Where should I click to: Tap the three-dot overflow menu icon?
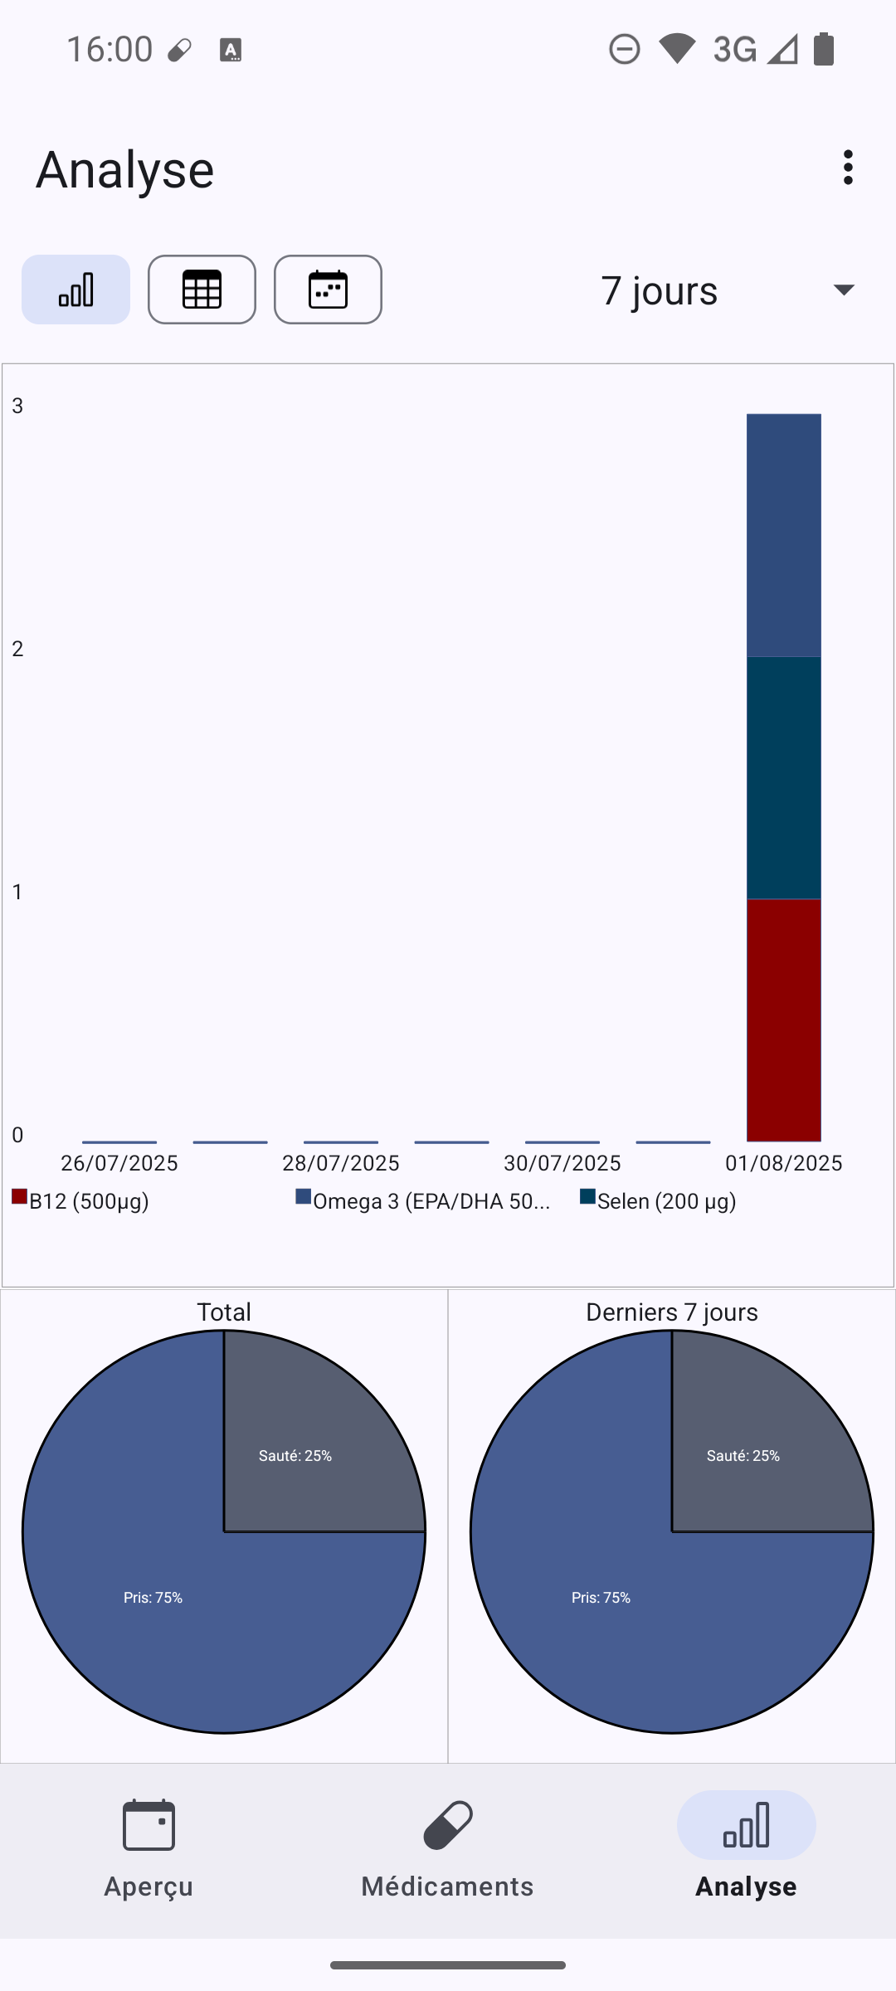click(847, 168)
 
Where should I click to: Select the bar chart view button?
click(75, 290)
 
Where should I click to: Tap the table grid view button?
click(202, 290)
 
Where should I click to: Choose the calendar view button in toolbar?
click(328, 290)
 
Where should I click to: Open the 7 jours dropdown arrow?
click(844, 290)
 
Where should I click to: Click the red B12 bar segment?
click(783, 1020)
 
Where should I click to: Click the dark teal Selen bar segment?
click(783, 777)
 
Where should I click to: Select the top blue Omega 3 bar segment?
click(783, 535)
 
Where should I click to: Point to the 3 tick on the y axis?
click(17, 406)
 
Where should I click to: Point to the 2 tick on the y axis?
click(17, 649)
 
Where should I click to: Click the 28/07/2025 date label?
click(340, 1163)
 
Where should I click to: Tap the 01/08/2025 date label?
click(783, 1163)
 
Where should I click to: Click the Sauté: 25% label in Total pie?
click(295, 1456)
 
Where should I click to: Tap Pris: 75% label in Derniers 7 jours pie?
click(601, 1598)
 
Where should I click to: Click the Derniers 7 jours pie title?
click(671, 1312)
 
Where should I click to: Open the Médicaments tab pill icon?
click(448, 1825)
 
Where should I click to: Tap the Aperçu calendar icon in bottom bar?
click(149, 1825)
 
